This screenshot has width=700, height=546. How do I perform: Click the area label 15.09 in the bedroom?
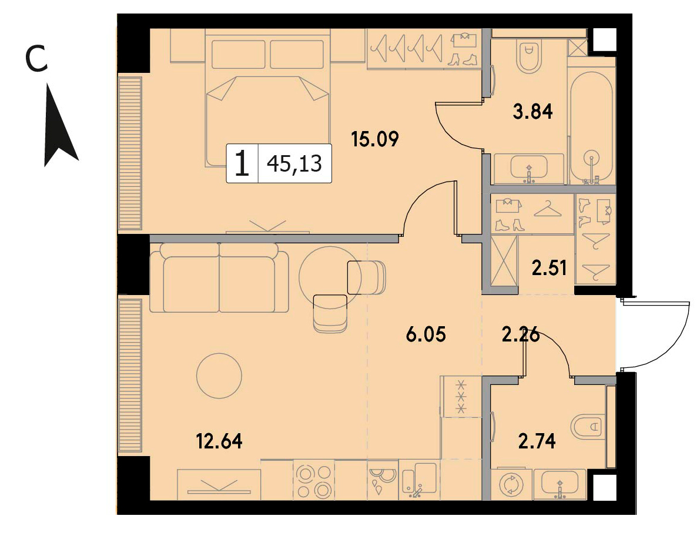[x=374, y=139]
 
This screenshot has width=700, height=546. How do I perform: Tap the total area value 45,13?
[x=294, y=164]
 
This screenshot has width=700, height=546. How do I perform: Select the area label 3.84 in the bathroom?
[x=532, y=112]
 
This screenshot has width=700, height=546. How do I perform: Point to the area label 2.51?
[x=549, y=268]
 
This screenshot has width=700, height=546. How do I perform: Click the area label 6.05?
[x=426, y=334]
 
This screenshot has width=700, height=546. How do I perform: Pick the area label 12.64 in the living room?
[x=219, y=441]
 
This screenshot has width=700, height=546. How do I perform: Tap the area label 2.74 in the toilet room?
[x=537, y=441]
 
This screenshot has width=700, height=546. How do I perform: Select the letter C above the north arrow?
[x=36, y=60]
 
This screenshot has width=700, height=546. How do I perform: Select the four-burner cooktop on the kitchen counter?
[x=314, y=481]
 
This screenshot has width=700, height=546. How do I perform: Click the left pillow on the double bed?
[x=239, y=55]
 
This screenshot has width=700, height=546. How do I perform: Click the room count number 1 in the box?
[x=242, y=163]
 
